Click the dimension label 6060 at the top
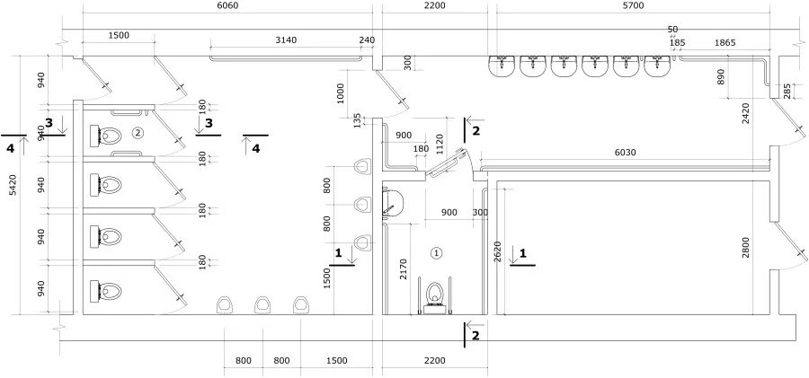(227, 6)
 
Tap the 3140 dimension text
(286, 40)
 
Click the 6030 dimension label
(626, 153)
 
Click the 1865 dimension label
(725, 43)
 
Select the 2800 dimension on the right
(760, 248)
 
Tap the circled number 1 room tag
(437, 252)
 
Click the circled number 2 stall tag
(137, 133)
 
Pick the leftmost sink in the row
(502, 66)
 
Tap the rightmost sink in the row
(658, 66)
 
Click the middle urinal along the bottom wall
(262, 304)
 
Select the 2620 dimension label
(497, 252)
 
